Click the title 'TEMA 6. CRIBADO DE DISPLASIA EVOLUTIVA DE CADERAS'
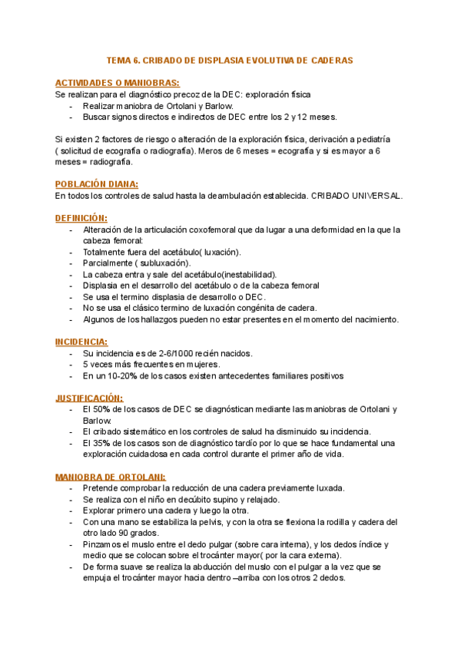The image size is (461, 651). pyautogui.click(x=230, y=60)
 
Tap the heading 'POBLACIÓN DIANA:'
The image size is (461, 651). pyautogui.click(x=97, y=184)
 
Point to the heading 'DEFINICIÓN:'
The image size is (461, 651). pyautogui.click(x=81, y=218)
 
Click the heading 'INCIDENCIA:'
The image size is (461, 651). pyautogui.click(x=81, y=342)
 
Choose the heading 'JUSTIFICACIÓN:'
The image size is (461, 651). pyautogui.click(x=89, y=398)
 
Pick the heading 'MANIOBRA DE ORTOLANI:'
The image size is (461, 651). pyautogui.click(x=110, y=477)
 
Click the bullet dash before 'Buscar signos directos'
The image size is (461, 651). pyautogui.click(x=71, y=117)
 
